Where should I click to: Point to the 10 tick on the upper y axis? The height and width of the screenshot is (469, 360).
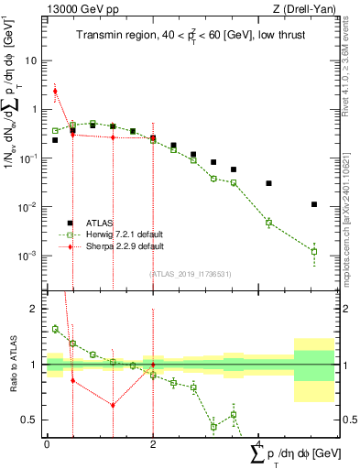pyautogui.click(x=32, y=60)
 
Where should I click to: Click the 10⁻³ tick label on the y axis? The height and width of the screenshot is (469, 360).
pyautogui.click(x=28, y=256)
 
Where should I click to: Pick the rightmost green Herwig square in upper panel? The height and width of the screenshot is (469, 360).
pyautogui.click(x=314, y=251)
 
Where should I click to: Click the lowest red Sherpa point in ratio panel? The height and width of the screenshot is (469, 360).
pyautogui.click(x=113, y=405)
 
